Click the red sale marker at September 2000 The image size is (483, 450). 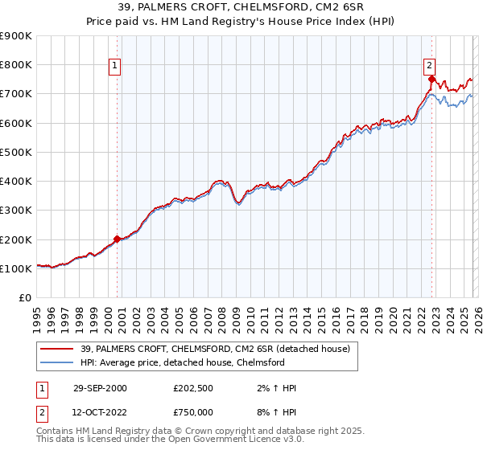pyautogui.click(x=118, y=239)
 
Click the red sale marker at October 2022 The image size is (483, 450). pyautogui.click(x=432, y=79)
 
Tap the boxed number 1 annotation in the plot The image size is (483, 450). pyautogui.click(x=115, y=67)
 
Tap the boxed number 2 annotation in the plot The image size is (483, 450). pyautogui.click(x=430, y=67)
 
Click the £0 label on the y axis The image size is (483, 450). pyautogui.click(x=24, y=298)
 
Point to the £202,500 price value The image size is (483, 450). pyautogui.click(x=193, y=388)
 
